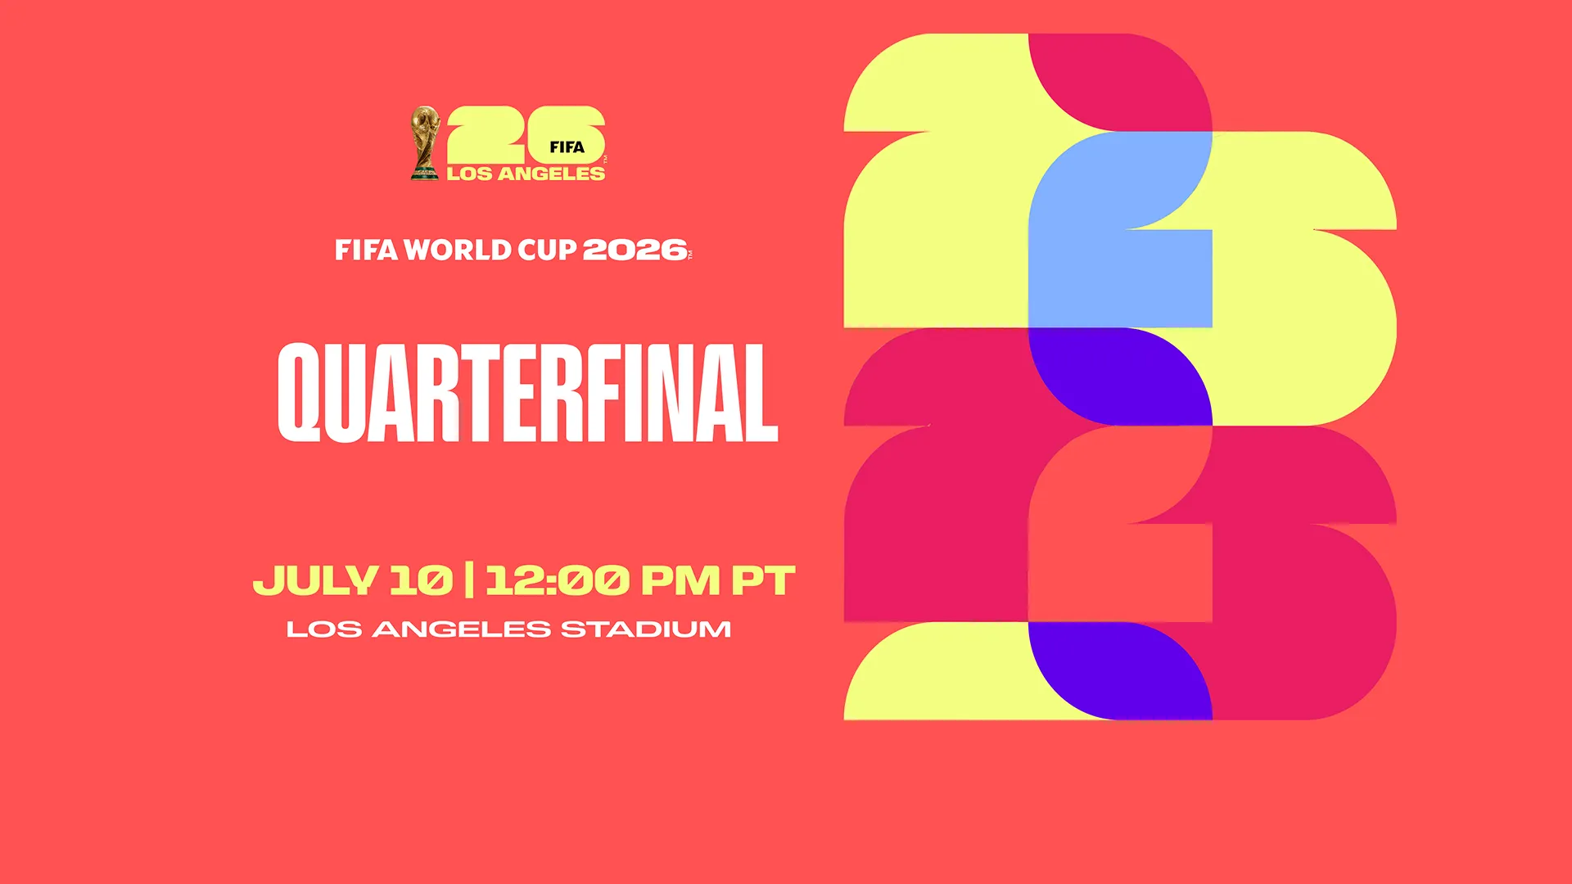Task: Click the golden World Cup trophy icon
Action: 424,142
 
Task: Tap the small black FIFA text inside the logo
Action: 567,147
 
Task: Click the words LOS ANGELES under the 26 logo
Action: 526,174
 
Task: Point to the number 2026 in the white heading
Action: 635,250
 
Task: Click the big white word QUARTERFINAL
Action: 527,393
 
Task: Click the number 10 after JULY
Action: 421,580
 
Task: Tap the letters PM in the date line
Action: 680,580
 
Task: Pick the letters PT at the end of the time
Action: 762,580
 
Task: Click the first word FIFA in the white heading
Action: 366,250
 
